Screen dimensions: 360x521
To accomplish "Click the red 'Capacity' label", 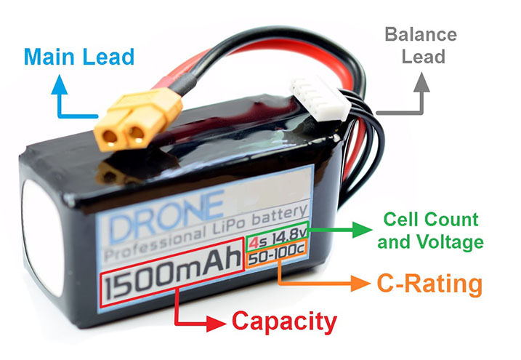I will (x=284, y=321).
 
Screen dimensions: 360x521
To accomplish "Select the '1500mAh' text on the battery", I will (x=173, y=281).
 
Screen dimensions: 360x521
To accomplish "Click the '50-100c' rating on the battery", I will (x=276, y=258).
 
